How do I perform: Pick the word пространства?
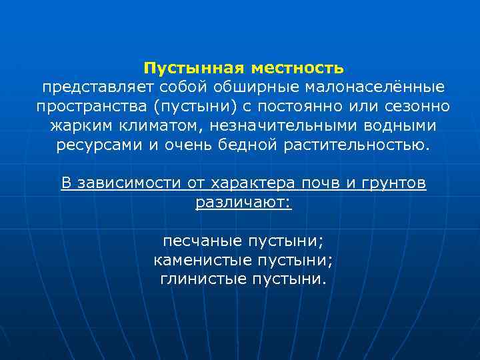(x=89, y=107)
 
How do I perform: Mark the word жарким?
(x=80, y=126)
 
